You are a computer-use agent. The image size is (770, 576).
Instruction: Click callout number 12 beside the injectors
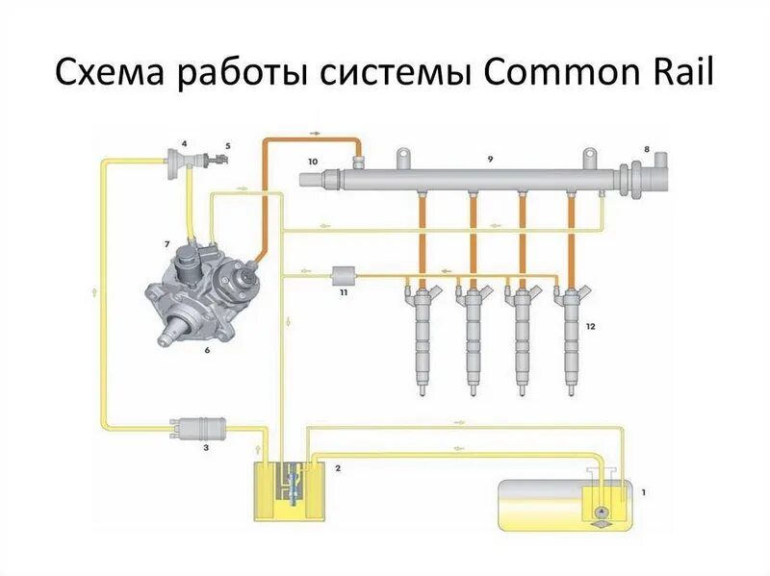coord(591,327)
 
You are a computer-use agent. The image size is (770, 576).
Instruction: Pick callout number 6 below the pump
coord(206,351)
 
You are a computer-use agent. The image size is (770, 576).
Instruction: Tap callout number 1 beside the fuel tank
coord(643,493)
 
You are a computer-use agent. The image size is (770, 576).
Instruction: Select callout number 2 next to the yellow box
coord(338,467)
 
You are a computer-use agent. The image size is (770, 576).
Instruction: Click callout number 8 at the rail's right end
coord(647,149)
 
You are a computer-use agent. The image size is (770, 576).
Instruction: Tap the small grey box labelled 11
coord(344,275)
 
